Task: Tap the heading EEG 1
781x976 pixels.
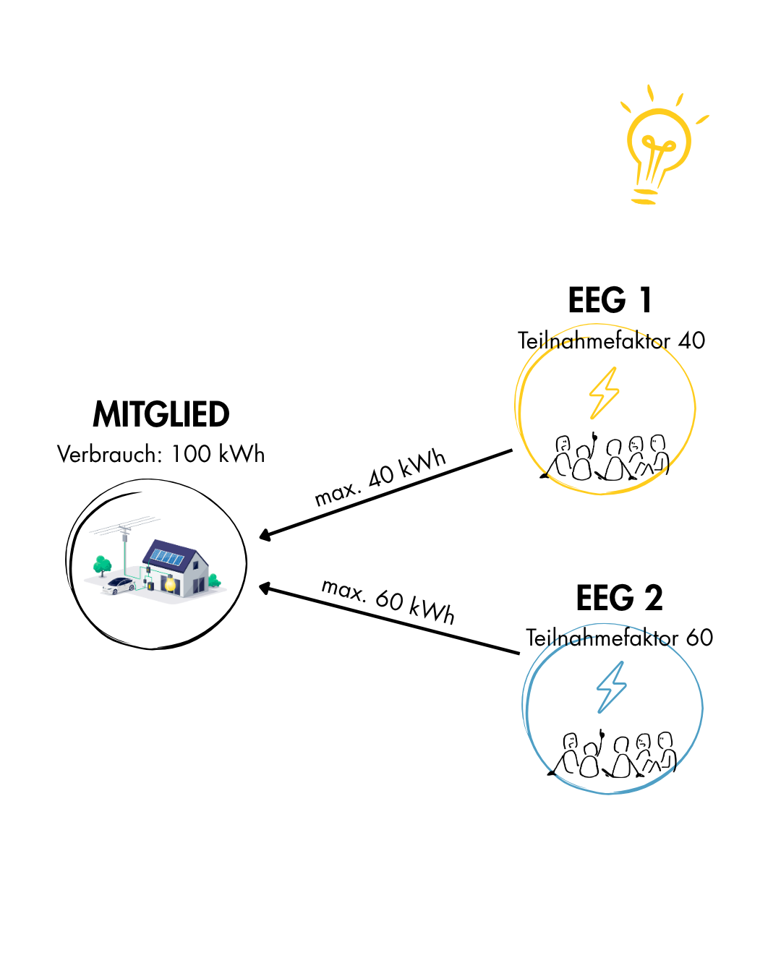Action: coord(610,300)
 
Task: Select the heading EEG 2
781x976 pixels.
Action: coord(619,598)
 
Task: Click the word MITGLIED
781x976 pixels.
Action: coord(161,414)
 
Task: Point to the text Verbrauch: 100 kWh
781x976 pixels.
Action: coord(161,454)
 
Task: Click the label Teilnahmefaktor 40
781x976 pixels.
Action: coord(611,340)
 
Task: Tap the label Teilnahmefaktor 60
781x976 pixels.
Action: coord(619,638)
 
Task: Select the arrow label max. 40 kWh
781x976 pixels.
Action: coord(380,477)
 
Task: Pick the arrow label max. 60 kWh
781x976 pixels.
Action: coord(388,601)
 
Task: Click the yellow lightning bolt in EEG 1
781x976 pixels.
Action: coord(604,393)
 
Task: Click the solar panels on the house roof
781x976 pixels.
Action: coord(167,557)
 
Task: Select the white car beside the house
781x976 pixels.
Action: coord(119,585)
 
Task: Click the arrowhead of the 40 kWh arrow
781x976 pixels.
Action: coord(265,536)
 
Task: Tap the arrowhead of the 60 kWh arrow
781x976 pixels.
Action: coord(265,588)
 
